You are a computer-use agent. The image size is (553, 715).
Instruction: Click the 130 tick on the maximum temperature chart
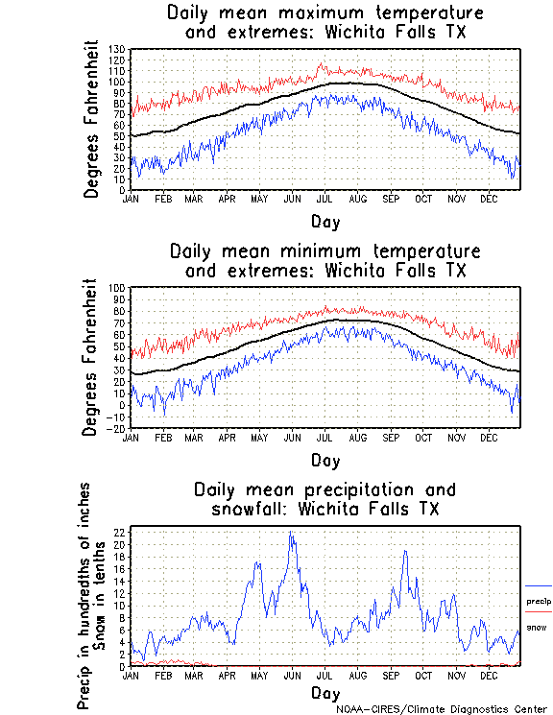(118, 49)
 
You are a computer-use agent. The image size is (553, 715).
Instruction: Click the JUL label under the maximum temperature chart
(325, 199)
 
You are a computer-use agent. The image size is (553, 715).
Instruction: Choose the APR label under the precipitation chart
(228, 676)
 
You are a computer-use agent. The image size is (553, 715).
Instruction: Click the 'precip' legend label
(539, 601)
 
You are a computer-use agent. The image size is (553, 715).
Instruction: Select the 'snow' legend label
(537, 627)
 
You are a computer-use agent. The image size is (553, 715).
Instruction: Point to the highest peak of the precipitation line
(290, 533)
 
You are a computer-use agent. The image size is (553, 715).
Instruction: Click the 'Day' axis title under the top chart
(325, 222)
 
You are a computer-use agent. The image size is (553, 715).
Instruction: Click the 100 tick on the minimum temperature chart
(118, 288)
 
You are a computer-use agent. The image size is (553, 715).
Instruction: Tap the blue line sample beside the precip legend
(539, 585)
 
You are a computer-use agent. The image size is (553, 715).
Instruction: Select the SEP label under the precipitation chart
(391, 676)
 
